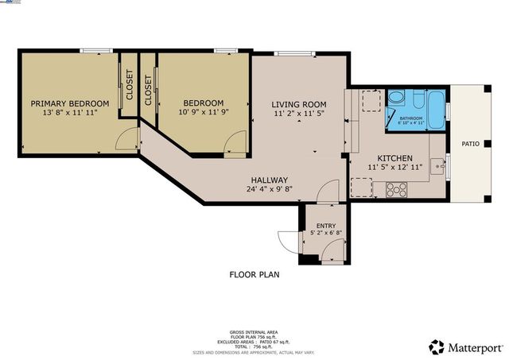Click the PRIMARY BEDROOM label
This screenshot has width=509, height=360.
click(70, 103)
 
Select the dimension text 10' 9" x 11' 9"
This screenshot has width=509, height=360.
click(203, 114)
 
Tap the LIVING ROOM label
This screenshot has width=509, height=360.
click(299, 104)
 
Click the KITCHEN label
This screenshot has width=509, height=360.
click(394, 157)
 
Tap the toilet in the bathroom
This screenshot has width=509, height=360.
click(397, 99)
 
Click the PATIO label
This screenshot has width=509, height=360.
click(471, 144)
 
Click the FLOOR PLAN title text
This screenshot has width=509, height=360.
click(254, 275)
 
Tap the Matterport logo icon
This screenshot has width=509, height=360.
click(436, 346)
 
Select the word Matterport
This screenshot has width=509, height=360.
click(474, 346)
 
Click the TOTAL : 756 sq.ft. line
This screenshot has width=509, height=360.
click(254, 347)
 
